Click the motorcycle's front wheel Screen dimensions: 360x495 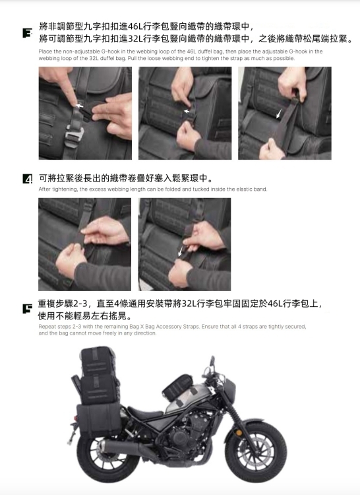point(256,451)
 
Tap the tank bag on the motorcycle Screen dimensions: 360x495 point(178,387)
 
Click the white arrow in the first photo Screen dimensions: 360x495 point(79,106)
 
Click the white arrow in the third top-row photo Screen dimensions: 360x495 point(279,114)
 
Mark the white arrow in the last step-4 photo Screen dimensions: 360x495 point(180,251)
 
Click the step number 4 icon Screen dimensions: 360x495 point(28,179)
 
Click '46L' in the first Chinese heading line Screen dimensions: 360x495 point(136,26)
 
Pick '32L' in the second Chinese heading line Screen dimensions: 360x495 point(136,39)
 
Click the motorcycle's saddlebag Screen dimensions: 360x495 point(99,419)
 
